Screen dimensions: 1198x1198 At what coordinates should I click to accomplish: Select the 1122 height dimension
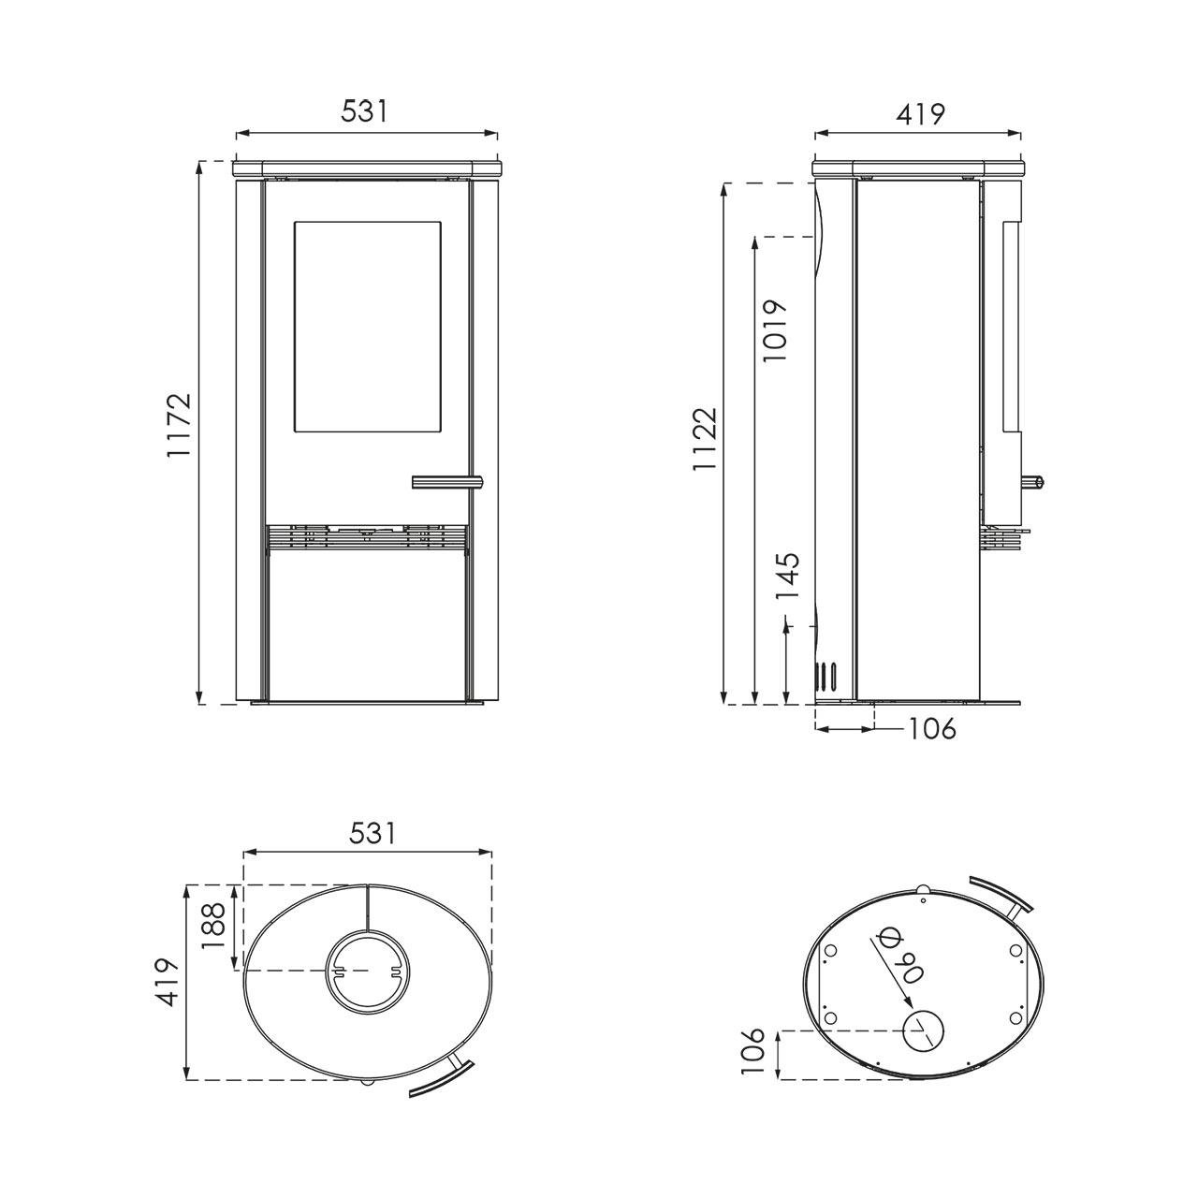[x=706, y=447]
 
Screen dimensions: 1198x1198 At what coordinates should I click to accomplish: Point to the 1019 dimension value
[x=775, y=330]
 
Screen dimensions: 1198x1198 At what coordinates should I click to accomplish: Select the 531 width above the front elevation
[x=364, y=112]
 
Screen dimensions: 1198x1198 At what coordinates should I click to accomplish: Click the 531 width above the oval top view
[x=372, y=834]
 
